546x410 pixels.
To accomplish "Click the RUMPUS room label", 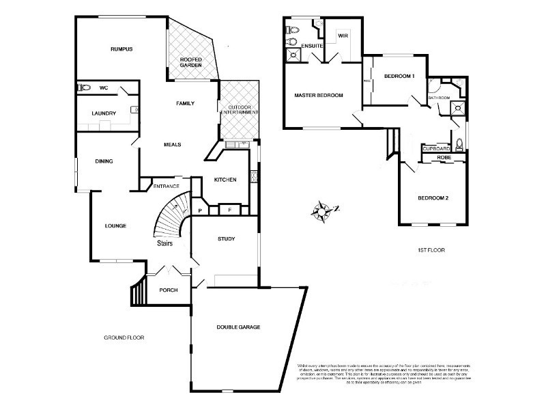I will click(121, 49).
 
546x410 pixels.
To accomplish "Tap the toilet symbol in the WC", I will click(85, 87).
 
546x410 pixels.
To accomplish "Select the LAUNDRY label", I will click(104, 113).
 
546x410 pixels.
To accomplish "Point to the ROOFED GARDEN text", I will click(192, 63).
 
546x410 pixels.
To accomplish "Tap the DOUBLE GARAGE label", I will click(238, 327).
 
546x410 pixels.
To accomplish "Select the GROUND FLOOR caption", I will click(124, 338).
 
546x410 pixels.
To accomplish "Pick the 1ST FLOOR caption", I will click(431, 250).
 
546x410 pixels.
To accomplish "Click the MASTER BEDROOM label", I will click(318, 95).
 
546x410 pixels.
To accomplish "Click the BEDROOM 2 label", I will click(433, 198).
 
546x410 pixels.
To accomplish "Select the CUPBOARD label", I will click(435, 148).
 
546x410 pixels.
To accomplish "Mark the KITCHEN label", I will click(225, 180).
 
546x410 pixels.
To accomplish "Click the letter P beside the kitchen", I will click(200, 210).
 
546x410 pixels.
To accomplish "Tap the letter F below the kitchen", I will click(230, 209).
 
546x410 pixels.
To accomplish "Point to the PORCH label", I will click(168, 290).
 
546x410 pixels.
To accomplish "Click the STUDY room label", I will click(226, 239).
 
